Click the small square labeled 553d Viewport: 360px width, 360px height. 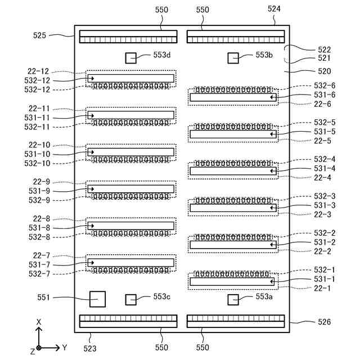point(131,58)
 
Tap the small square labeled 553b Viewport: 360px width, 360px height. point(233,58)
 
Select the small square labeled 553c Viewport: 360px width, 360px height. point(131,299)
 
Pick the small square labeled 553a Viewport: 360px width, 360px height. point(233,299)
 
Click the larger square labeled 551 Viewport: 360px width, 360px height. point(98,299)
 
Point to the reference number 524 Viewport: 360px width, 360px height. point(274,9)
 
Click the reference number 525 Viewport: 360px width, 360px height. point(39,35)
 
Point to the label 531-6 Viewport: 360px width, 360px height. point(325,96)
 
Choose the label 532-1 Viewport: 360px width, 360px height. point(325,270)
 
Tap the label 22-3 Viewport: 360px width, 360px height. point(322,215)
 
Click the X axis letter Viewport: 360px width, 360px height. point(39,322)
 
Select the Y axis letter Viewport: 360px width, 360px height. point(65,348)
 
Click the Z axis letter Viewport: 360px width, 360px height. point(32,351)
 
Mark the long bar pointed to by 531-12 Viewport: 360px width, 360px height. point(131,78)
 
